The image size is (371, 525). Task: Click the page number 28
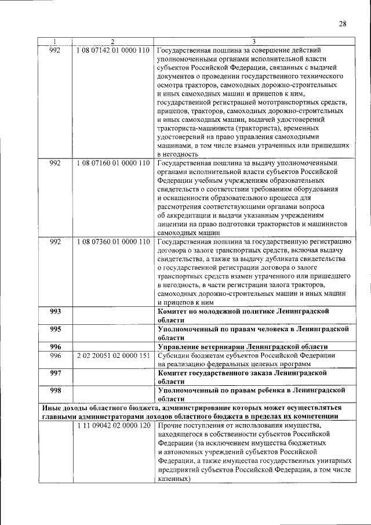(342, 24)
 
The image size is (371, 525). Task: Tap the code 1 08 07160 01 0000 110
(112, 163)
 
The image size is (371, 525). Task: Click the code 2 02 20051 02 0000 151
(112, 355)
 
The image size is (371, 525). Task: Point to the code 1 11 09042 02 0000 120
(112, 426)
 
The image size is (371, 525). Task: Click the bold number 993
(56, 312)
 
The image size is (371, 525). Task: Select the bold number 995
(56, 329)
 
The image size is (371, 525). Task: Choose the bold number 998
(56, 390)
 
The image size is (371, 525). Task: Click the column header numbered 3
(253, 41)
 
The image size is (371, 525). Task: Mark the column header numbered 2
(112, 41)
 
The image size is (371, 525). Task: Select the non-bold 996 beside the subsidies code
(56, 355)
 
